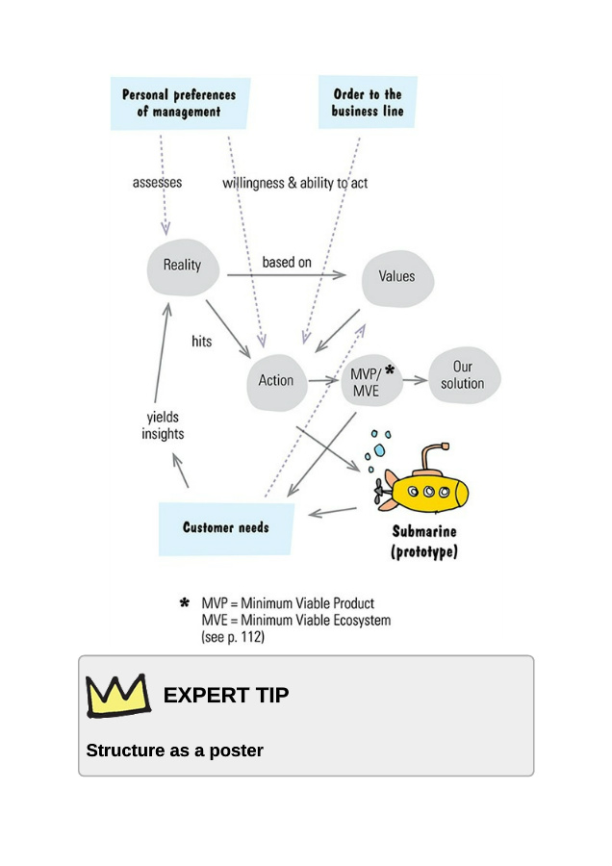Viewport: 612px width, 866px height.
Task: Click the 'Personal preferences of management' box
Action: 179,103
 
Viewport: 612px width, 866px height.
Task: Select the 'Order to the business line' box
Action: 368,102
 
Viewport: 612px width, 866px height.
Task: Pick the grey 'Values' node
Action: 396,277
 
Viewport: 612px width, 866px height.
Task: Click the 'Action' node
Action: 276,381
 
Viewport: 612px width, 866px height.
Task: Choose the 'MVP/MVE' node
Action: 366,382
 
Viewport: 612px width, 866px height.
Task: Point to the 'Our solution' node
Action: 463,375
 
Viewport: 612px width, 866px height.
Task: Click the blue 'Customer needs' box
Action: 226,527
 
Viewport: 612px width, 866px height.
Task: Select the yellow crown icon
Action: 117,695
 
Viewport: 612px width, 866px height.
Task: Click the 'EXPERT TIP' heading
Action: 226,695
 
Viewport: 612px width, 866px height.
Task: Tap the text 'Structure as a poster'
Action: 174,751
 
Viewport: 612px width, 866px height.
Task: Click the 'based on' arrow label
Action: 287,262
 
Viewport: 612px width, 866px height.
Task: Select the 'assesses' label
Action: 157,182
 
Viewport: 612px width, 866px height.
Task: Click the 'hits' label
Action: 202,342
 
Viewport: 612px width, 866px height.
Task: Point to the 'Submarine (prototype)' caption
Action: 424,543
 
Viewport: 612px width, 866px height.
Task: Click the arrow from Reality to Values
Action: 286,276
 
